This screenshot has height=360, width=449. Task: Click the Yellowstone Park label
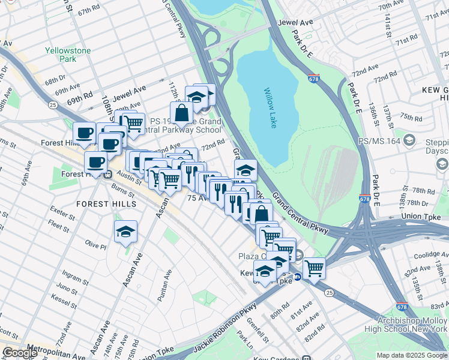coord(68,55)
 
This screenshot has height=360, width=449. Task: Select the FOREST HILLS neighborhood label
coord(106,204)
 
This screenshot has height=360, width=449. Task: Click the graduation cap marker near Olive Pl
coord(125,232)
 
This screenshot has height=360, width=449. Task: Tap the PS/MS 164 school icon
coord(409,140)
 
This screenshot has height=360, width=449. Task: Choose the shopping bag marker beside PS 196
coord(181,112)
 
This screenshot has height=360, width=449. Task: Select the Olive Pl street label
coord(95,245)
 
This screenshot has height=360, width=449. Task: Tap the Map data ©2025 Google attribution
coord(412,355)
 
